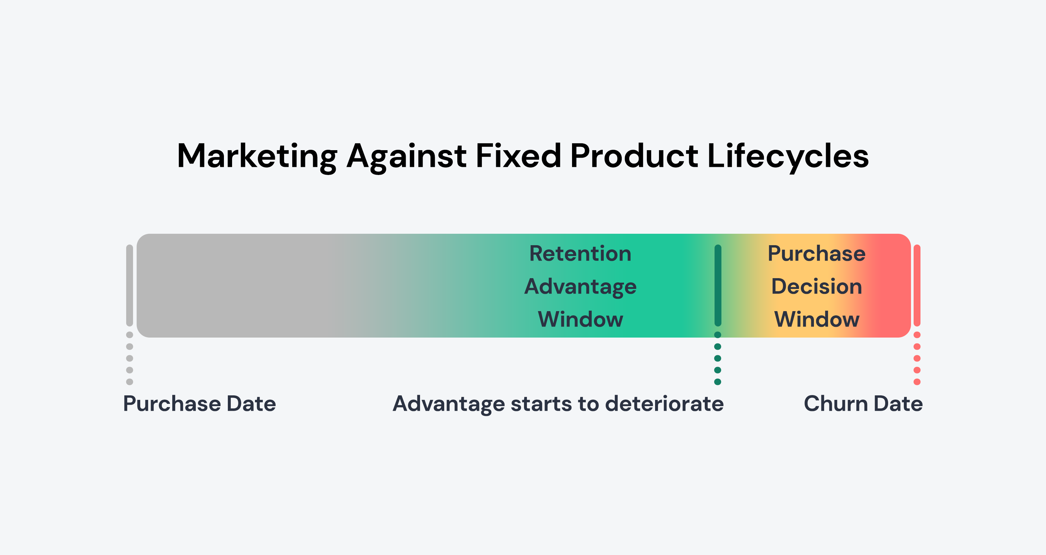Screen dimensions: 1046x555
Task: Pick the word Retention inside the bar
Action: [x=580, y=254]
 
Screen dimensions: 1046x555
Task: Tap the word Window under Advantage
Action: [x=580, y=319]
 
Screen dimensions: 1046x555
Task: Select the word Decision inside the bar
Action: [x=817, y=286]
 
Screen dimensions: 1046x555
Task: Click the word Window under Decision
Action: [x=817, y=319]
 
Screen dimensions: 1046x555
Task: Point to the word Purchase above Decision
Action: [x=817, y=254]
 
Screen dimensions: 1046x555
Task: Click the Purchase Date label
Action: [x=199, y=404]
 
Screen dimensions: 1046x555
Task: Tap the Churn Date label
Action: [x=863, y=404]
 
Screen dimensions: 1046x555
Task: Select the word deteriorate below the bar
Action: [x=664, y=404]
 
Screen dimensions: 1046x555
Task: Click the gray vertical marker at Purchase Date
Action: [x=129, y=285]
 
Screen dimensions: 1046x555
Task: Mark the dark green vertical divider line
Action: [x=718, y=285]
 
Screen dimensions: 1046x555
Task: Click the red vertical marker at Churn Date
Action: [x=917, y=285]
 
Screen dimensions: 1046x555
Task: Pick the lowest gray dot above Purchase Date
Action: [x=129, y=382]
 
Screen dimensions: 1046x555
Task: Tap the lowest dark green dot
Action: [x=718, y=382]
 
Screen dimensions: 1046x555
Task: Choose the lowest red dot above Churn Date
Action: [x=917, y=382]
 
